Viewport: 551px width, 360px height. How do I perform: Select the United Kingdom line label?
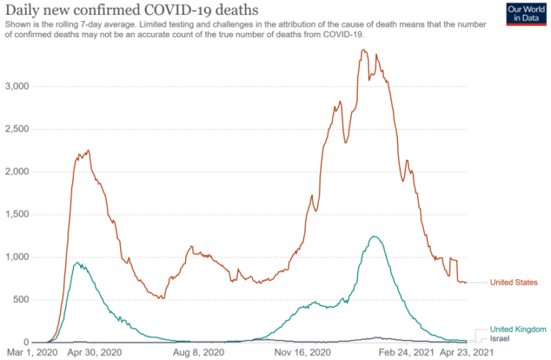(518, 329)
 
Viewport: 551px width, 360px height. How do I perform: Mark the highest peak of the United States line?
(363, 51)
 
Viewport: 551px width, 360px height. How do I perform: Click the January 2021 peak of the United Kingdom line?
(375, 236)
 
